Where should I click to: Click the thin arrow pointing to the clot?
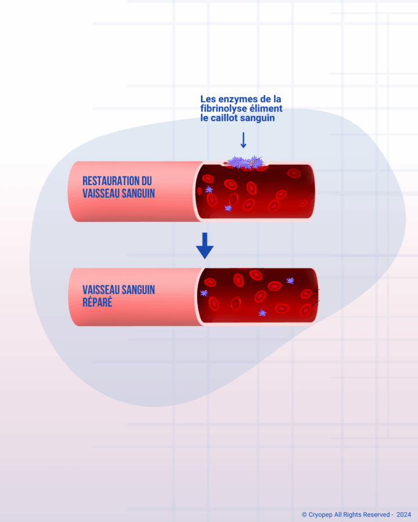tap(243, 140)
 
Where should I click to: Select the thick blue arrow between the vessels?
tap(205, 246)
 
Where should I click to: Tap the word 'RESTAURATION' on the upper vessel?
tap(111, 181)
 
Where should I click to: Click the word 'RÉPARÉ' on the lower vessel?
tap(98, 302)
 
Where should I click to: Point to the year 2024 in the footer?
tap(403, 514)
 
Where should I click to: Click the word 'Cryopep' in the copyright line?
tap(320, 515)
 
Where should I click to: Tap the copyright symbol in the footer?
tap(304, 514)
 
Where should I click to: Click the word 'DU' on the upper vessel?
tap(147, 181)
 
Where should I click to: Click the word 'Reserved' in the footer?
tap(376, 514)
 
